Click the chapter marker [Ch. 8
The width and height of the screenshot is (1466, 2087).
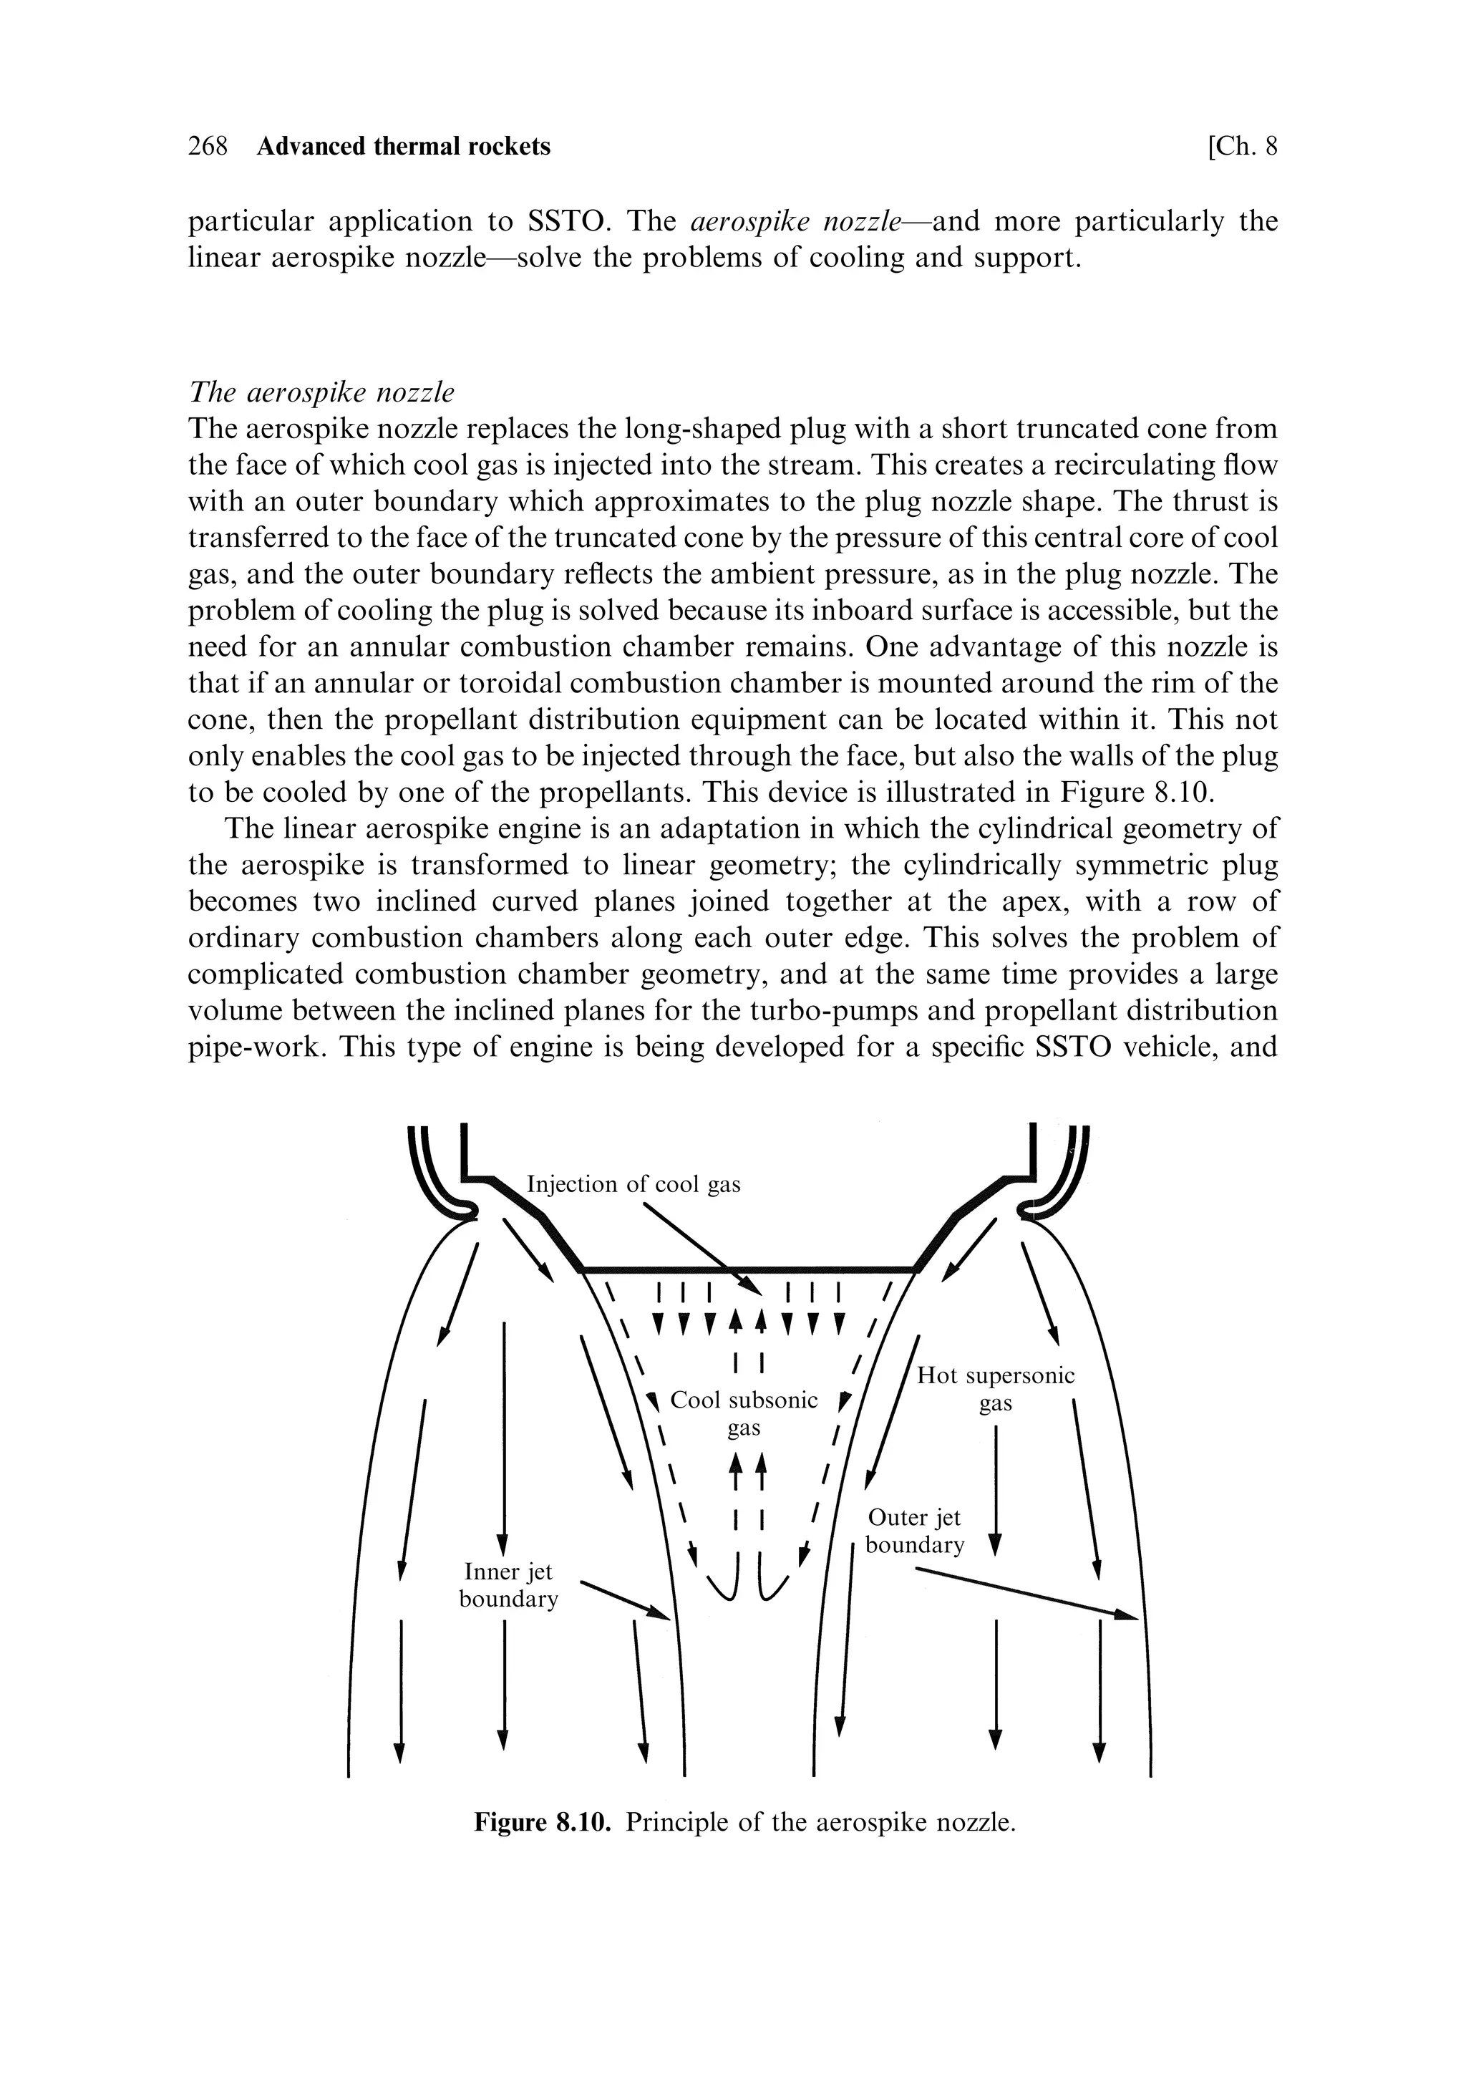point(1241,146)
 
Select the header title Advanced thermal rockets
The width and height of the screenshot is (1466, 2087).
point(404,146)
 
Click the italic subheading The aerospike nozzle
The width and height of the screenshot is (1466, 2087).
point(321,392)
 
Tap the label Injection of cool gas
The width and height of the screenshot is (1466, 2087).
point(634,1183)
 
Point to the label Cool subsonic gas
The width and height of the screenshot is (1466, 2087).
point(744,1413)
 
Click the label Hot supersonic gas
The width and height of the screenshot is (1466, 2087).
point(995,1389)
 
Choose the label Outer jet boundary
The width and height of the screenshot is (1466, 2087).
point(914,1531)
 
